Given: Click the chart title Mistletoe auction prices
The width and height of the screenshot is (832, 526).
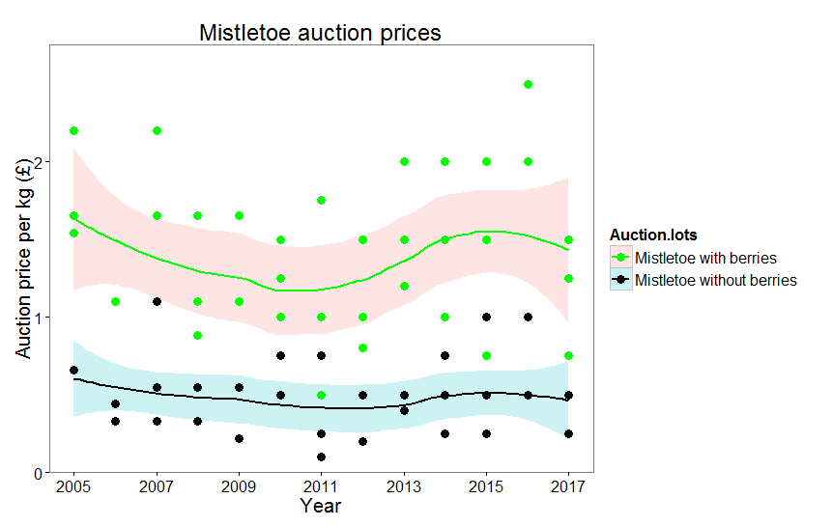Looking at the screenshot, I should click(x=320, y=32).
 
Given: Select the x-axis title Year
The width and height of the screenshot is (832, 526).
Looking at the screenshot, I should click(x=320, y=505).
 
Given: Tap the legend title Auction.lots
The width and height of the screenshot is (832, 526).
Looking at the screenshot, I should click(x=654, y=235).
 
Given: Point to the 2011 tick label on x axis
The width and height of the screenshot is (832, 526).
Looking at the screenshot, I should click(x=322, y=484).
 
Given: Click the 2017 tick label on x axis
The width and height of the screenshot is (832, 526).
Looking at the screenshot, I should click(x=569, y=484).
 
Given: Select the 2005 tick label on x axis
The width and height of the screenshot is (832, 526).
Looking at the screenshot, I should click(x=73, y=484).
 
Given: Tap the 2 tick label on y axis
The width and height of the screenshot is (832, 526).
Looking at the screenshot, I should click(x=40, y=161).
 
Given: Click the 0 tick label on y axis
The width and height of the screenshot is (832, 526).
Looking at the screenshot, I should click(x=40, y=473).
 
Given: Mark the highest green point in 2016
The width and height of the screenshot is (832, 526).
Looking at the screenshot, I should click(x=528, y=84).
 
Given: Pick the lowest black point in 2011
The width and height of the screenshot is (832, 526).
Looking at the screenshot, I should click(x=321, y=457).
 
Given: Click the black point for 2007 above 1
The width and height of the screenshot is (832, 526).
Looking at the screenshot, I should click(x=157, y=301).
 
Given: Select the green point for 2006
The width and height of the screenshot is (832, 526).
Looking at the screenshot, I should click(x=115, y=301).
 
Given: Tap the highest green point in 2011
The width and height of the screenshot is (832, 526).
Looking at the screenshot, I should click(x=321, y=200).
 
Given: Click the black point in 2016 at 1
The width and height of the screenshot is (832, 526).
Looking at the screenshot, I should click(x=528, y=317).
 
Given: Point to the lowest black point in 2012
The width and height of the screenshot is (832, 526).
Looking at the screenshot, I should click(x=362, y=441).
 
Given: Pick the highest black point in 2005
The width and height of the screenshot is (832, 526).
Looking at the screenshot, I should click(x=73, y=370).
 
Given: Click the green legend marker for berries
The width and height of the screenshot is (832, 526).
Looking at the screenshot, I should click(x=621, y=258).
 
